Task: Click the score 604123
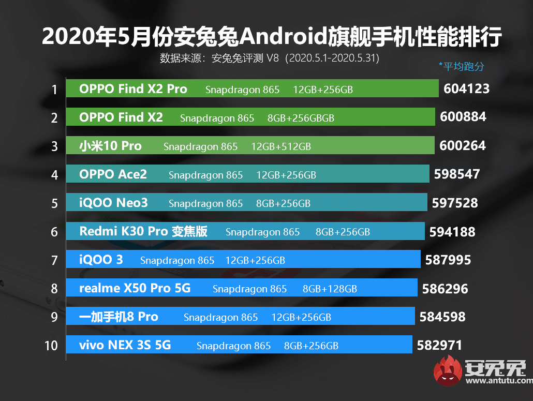click(466, 89)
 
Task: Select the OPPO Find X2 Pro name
click(133, 89)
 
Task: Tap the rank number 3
click(54, 146)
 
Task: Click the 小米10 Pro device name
click(110, 146)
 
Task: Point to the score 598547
click(457, 174)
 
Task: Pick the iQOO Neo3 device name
click(113, 203)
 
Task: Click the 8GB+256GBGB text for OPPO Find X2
click(301, 118)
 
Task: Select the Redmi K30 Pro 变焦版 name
click(143, 231)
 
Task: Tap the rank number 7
click(54, 260)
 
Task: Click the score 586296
click(445, 288)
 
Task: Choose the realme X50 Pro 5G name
click(135, 288)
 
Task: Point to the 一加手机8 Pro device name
click(119, 317)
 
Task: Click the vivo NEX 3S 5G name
click(125, 345)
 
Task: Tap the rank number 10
click(51, 345)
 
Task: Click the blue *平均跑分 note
click(461, 66)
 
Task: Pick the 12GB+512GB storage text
click(281, 146)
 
